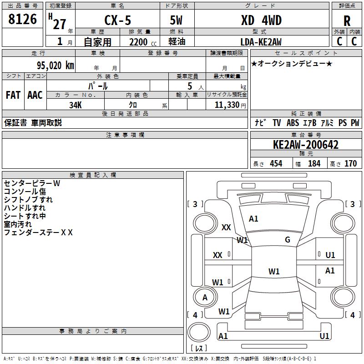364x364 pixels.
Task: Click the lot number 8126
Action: point(23,20)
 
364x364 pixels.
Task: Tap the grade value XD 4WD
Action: point(261,20)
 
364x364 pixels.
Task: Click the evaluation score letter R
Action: point(347,21)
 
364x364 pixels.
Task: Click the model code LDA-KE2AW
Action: point(261,42)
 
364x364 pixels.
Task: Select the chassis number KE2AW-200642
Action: point(306,145)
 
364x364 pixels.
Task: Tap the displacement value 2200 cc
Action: point(141,42)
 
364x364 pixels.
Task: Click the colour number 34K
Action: point(76,105)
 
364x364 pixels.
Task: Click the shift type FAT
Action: point(13,95)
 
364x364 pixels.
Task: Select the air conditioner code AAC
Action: point(35,95)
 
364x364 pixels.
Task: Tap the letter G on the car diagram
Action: point(288,240)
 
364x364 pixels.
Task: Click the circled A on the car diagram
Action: point(205,298)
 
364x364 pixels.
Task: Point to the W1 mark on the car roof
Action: point(274,272)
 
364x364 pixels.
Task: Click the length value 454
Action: point(276,164)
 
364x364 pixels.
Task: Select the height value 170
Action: point(350,164)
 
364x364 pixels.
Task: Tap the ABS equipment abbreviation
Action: point(293,123)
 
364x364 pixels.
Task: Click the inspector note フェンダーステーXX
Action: point(38,233)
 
